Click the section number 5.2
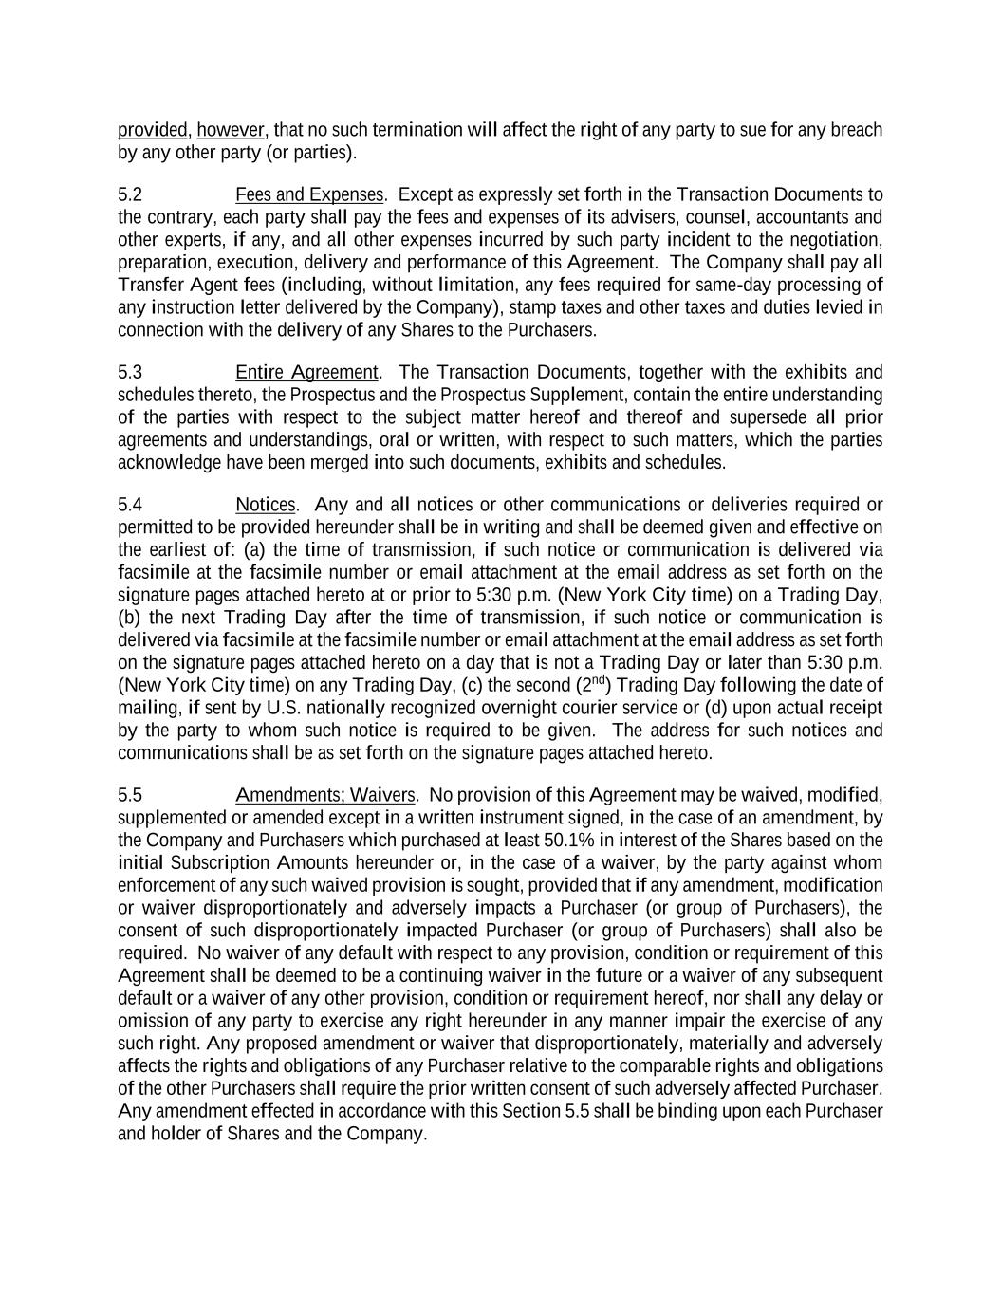coord(130,194)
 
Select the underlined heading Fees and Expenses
coord(309,194)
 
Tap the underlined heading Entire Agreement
coord(307,372)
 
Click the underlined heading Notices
coord(266,504)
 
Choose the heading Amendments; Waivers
coord(325,794)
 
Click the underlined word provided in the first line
coord(152,129)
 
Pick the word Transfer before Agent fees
coord(147,285)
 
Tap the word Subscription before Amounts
coord(220,862)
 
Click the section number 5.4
coord(130,504)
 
